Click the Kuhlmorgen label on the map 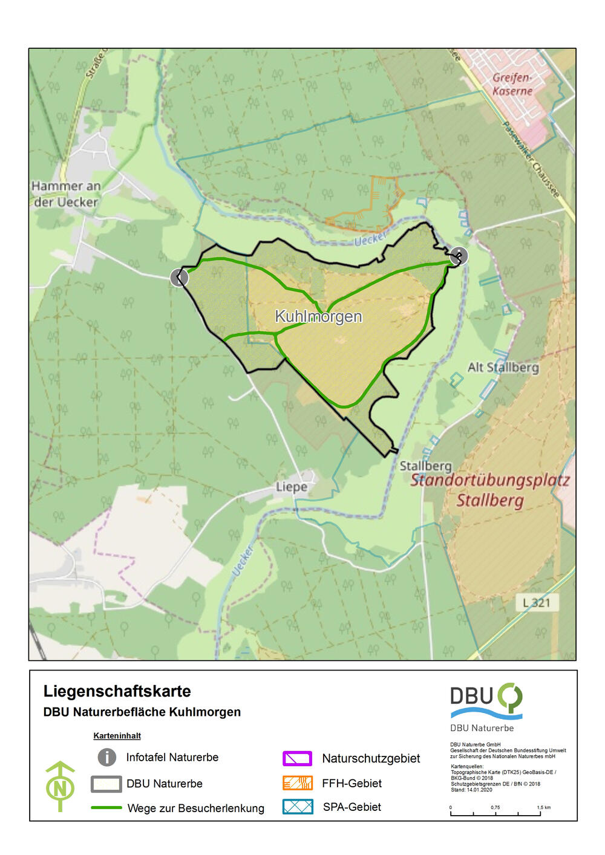tap(318, 316)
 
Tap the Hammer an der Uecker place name tap(66, 194)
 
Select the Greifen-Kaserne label tap(512, 84)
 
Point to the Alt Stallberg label tap(503, 367)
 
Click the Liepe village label tap(291, 487)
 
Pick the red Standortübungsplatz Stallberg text tap(489, 490)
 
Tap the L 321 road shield tap(537, 602)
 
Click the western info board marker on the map tap(179, 278)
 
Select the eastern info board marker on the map tap(459, 256)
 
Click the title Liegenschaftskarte tap(117, 691)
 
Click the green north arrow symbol tap(60, 786)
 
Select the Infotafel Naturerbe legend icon tap(107, 757)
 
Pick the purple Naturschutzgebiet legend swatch tap(297, 758)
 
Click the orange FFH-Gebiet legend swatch tap(297, 783)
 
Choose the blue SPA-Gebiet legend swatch tap(297, 807)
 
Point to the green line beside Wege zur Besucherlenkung tap(106, 808)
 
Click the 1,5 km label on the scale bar tap(543, 807)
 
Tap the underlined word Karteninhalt tap(117, 736)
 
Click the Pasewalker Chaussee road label tap(531, 159)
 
